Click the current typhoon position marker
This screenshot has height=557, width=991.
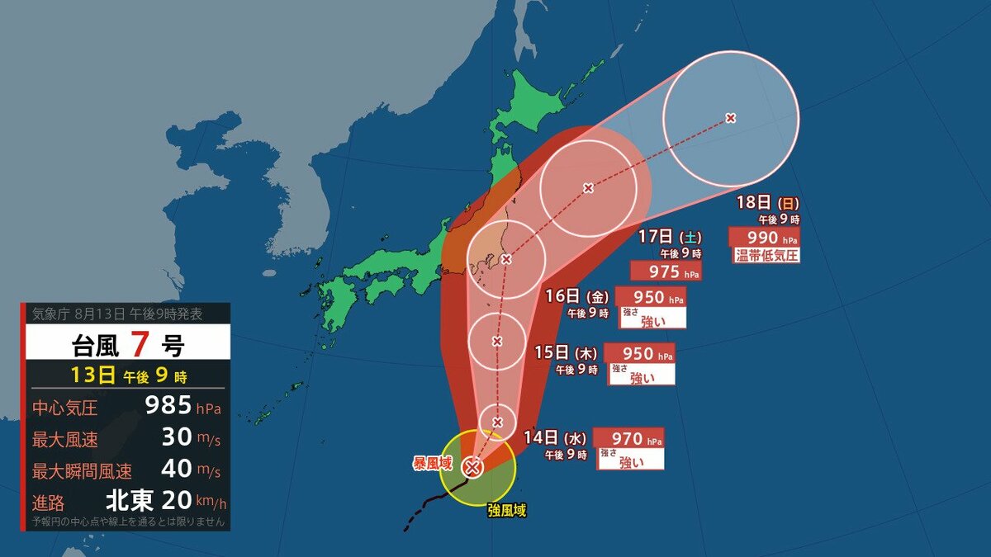tap(472, 467)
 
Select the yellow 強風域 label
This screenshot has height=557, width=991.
tap(506, 511)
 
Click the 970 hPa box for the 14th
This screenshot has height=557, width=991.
tap(635, 439)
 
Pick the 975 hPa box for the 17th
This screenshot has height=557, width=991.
tap(666, 271)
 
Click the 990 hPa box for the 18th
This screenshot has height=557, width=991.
tap(764, 238)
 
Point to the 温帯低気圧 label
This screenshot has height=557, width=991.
tap(766, 255)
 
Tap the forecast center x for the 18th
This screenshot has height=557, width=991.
tap(731, 118)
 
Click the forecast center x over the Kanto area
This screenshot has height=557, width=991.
tap(506, 259)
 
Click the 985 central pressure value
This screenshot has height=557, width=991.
tap(168, 406)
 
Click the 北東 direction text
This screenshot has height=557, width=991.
tap(130, 501)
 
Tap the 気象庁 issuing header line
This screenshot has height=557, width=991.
tap(116, 314)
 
